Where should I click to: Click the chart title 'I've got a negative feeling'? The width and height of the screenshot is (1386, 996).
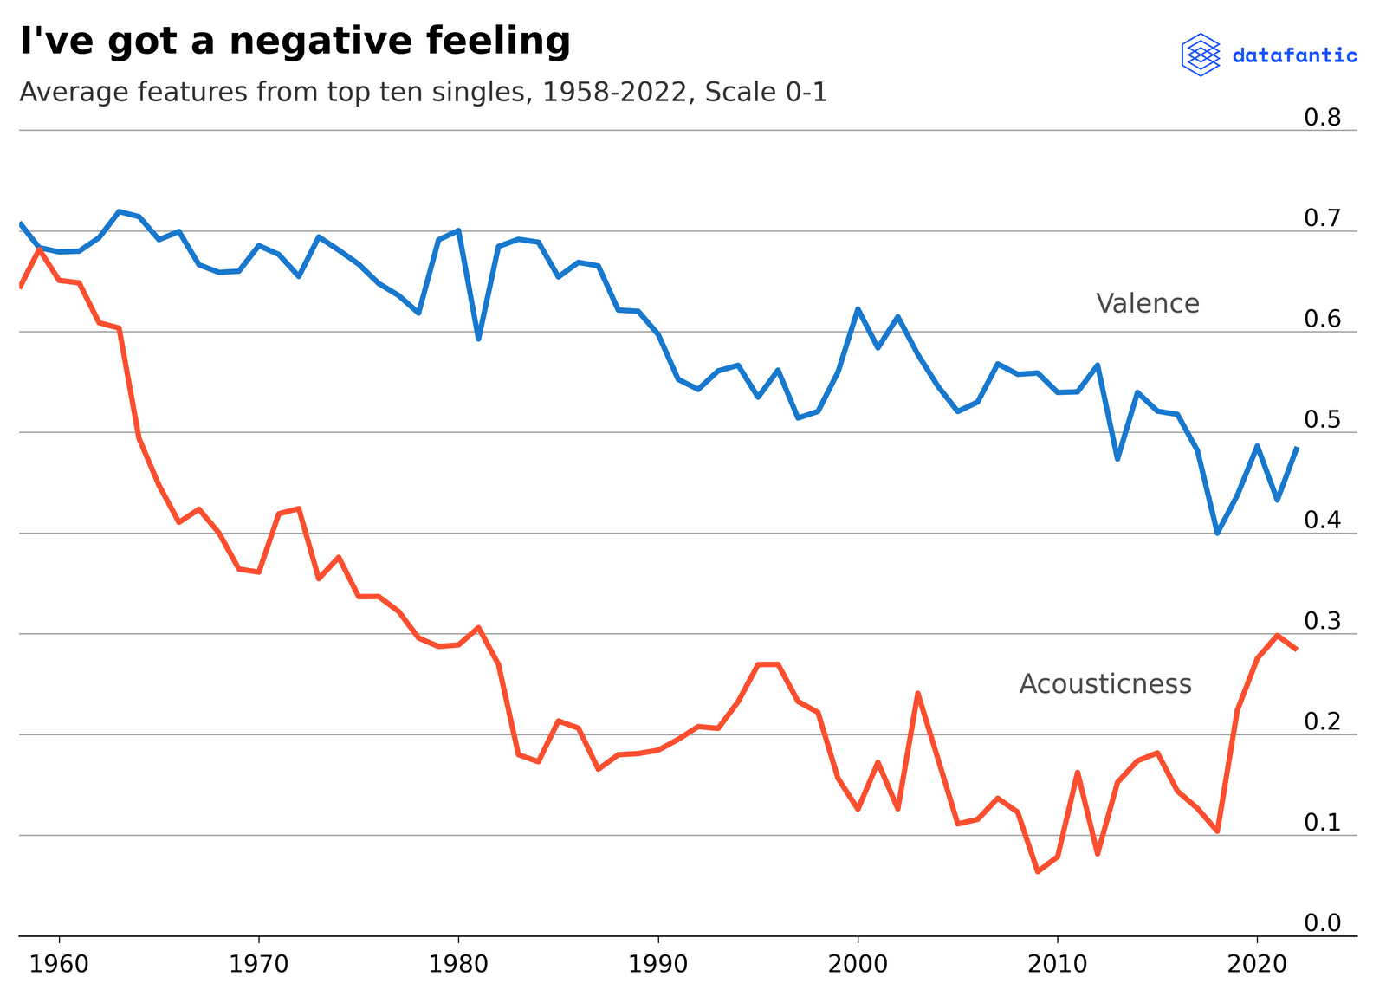295,42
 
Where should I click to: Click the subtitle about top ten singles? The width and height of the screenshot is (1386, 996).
423,92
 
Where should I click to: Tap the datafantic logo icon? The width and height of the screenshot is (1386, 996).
1201,55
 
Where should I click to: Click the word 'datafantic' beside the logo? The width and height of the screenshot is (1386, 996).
1294,56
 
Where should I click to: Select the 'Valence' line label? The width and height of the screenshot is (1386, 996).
1147,304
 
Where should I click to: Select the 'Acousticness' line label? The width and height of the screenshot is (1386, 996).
1104,684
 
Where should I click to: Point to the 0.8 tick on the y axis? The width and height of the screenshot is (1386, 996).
1322,118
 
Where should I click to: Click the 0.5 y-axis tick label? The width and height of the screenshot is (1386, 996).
1322,421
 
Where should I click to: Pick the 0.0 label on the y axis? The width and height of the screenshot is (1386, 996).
1322,924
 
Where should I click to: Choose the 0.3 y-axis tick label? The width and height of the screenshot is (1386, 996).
1322,622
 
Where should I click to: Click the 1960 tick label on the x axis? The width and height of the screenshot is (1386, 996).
59,963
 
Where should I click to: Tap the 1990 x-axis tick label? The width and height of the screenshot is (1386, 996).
657,963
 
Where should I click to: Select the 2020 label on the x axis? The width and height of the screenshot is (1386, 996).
1257,963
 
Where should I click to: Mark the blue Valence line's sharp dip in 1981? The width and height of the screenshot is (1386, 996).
478,339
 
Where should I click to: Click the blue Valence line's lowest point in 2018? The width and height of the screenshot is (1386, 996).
1217,533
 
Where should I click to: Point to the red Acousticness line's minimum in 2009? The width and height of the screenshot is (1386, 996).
1037,871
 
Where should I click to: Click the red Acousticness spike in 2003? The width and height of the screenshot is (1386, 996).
917,694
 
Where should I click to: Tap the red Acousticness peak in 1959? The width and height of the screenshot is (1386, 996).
39,249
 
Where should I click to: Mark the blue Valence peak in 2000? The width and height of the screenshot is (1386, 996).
858,309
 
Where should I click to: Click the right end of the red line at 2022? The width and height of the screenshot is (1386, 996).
1296,649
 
